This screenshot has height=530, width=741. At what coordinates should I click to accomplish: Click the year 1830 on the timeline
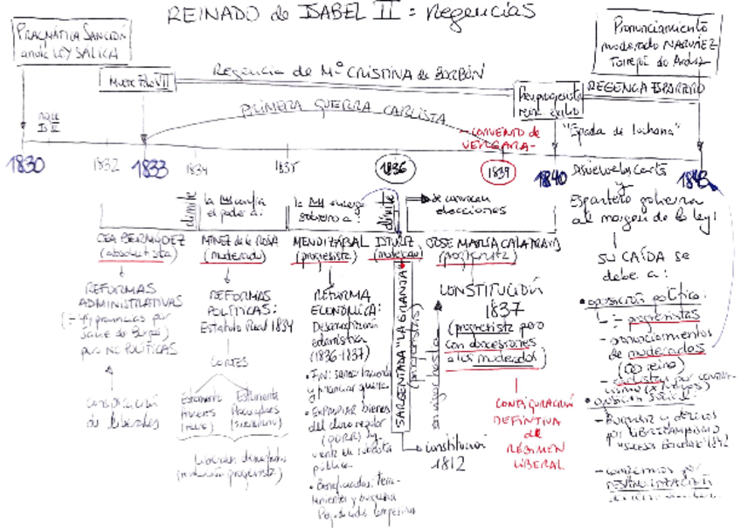click(x=27, y=165)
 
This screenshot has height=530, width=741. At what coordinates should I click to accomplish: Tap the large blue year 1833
click(x=152, y=169)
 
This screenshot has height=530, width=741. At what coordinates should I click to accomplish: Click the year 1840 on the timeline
click(x=551, y=179)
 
